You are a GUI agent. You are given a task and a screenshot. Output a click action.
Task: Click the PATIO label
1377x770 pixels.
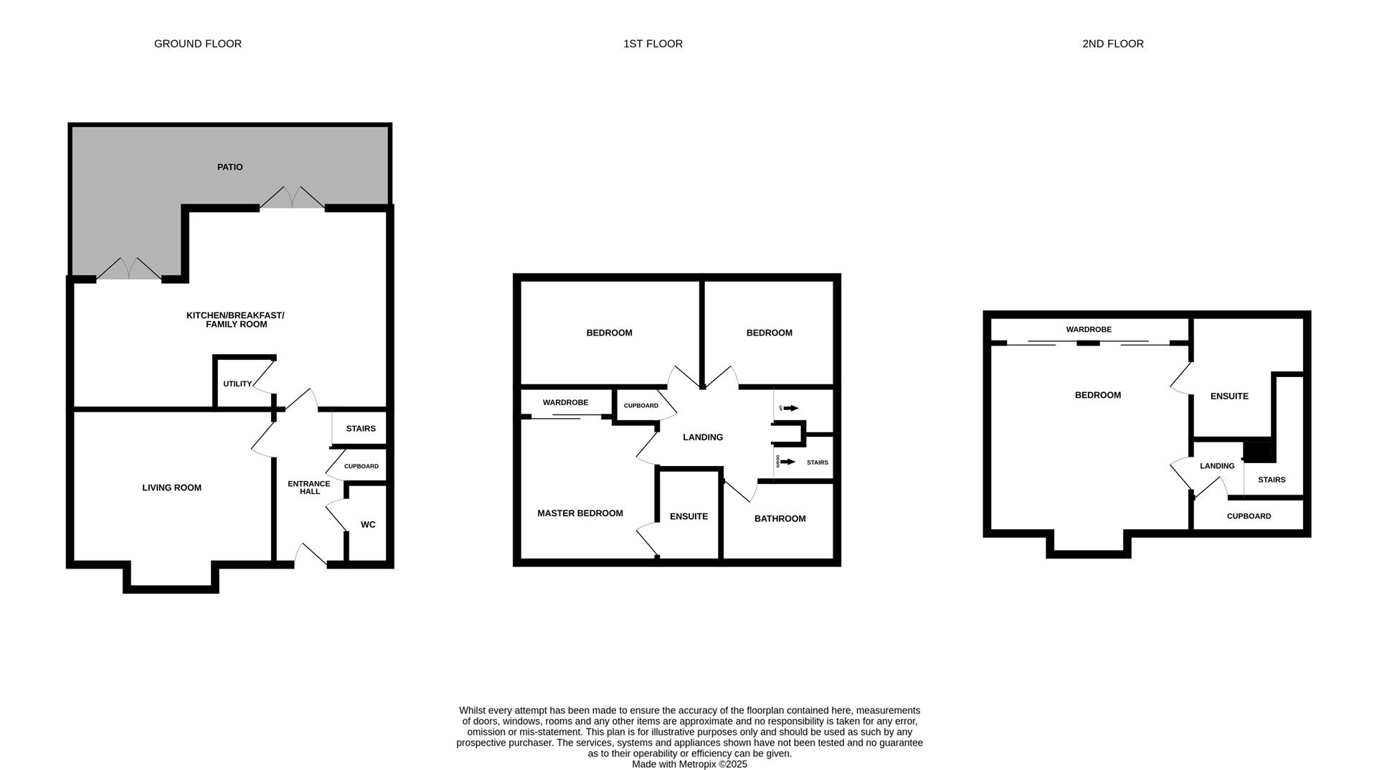click(229, 167)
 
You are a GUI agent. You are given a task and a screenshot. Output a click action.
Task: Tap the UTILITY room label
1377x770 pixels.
click(237, 384)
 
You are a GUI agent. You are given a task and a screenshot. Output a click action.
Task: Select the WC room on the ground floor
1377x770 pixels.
click(368, 525)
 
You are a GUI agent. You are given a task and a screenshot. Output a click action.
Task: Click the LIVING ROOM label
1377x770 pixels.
click(171, 488)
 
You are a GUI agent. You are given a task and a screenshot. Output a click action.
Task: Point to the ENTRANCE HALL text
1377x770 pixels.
click(309, 488)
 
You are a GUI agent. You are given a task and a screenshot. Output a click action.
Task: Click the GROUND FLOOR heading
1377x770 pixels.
click(198, 44)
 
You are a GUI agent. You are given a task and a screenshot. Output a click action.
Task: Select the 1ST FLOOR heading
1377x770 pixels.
click(653, 44)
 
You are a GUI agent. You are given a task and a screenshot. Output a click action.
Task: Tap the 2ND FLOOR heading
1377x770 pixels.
click(1112, 44)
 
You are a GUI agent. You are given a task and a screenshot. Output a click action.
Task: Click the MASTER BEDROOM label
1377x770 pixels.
click(579, 513)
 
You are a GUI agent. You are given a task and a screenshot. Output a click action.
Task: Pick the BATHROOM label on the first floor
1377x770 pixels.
click(780, 518)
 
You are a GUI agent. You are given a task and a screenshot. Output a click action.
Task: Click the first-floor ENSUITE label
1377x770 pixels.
click(688, 516)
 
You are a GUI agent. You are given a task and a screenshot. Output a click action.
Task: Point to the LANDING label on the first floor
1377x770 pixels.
click(702, 437)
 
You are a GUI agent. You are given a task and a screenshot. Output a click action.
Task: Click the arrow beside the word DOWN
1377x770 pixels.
click(788, 462)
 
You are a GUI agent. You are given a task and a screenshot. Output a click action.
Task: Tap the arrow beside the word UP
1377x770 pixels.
click(791, 408)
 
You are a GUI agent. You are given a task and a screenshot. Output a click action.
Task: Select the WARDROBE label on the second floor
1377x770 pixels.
click(1088, 330)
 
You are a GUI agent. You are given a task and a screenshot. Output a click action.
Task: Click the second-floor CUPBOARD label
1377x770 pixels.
click(1249, 516)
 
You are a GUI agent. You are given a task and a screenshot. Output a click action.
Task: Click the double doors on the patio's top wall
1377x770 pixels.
click(292, 198)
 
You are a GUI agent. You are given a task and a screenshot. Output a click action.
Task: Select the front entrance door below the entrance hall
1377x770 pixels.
click(311, 555)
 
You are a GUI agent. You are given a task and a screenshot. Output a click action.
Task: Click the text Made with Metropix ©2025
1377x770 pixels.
click(689, 764)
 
